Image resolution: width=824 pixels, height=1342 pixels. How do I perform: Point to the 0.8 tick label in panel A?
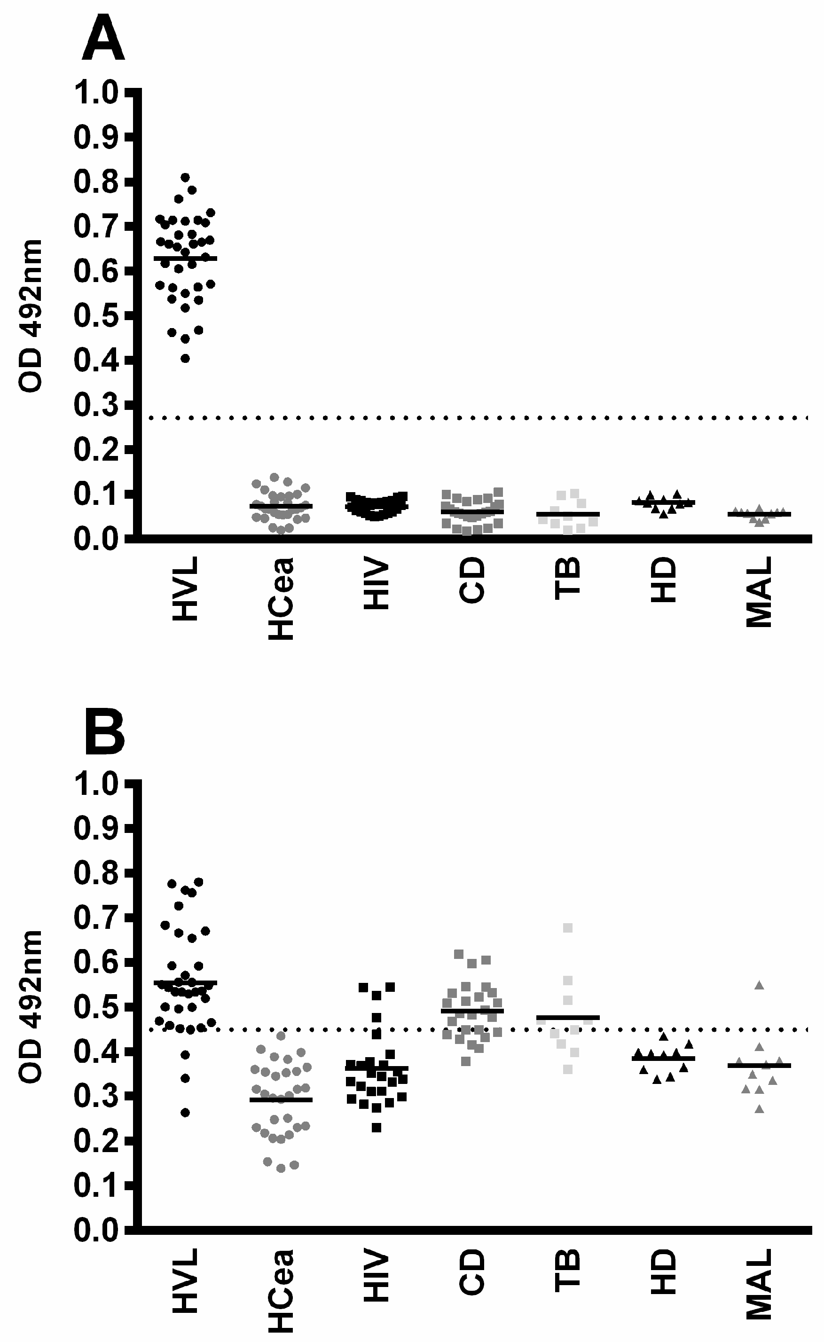96,181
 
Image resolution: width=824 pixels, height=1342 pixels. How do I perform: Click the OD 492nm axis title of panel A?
31,316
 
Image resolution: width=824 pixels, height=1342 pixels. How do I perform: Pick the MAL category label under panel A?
759,593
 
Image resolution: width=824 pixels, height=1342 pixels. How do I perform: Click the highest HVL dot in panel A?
185,178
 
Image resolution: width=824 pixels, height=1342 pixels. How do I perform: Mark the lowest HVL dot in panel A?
185,358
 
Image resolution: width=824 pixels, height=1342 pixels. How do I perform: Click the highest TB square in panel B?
567,927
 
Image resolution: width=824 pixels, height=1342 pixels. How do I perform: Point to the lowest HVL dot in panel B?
185,1108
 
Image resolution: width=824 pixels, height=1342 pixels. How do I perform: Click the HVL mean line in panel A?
185,258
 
